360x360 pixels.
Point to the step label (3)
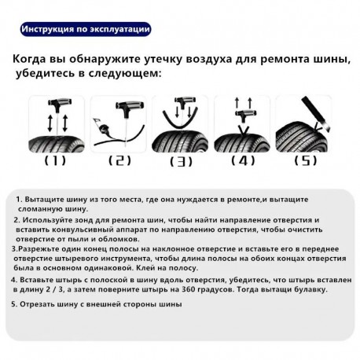181,162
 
